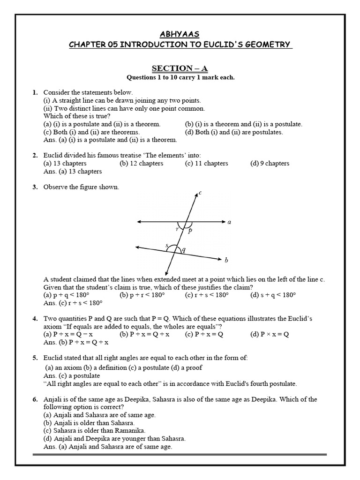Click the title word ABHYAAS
click(x=180, y=34)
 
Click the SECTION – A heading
click(x=180, y=68)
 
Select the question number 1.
click(x=35, y=92)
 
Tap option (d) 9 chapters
click(x=270, y=164)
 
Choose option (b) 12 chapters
click(x=141, y=164)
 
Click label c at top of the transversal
click(x=200, y=193)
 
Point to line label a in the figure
click(x=229, y=222)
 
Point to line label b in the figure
click(x=226, y=260)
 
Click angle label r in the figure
click(x=177, y=229)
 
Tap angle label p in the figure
click(x=190, y=230)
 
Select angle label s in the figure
click(x=166, y=245)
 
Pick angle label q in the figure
click(x=183, y=250)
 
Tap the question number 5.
click(x=35, y=358)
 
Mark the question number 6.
click(x=35, y=399)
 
